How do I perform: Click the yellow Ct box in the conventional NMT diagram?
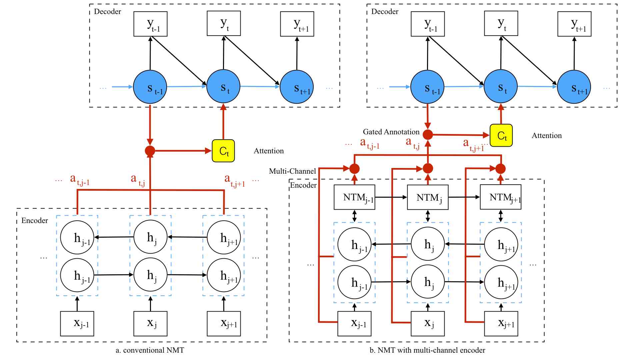tap(223, 151)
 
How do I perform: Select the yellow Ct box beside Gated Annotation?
tap(501, 135)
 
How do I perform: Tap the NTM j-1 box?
tap(354, 197)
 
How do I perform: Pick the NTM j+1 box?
tap(500, 197)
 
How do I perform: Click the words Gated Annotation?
tap(391, 132)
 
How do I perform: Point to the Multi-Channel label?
tap(292, 171)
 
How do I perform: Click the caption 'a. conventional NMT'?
tap(150, 350)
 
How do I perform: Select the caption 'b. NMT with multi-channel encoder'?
tap(427, 350)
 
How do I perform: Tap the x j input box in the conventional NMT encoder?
tap(150, 324)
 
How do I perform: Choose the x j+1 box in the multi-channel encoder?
tap(501, 324)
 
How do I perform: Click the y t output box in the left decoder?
tap(224, 23)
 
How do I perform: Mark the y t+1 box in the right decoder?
tap(574, 24)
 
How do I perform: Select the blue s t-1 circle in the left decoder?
tap(150, 87)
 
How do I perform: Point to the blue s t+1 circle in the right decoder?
tap(574, 87)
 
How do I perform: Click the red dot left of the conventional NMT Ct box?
tap(150, 151)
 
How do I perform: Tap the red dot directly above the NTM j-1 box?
tap(354, 169)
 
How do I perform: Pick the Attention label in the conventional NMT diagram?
tap(269, 151)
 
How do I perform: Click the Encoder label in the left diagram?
tap(35, 220)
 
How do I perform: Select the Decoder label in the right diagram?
tap(385, 11)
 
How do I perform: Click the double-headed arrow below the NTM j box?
tap(428, 216)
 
